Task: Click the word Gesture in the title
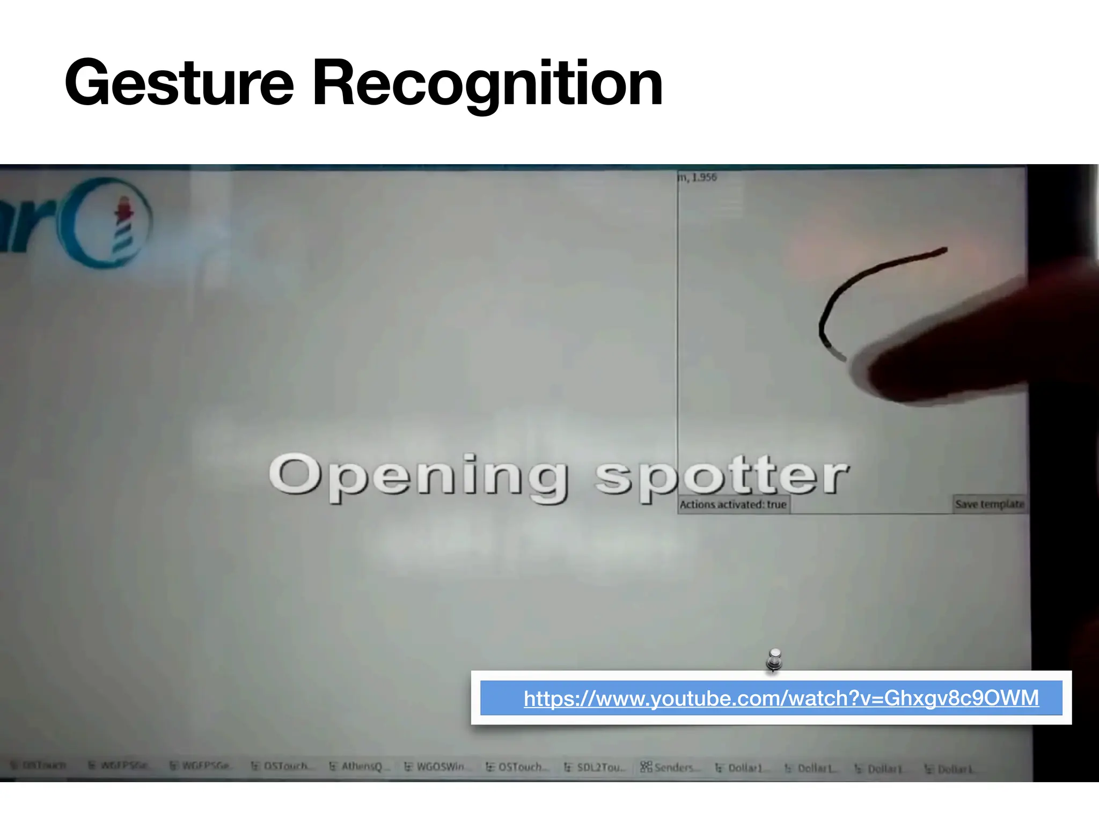(179, 83)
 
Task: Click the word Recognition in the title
(487, 83)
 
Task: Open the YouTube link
(781, 698)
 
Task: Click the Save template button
(990, 504)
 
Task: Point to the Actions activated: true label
(733, 504)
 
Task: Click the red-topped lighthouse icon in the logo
(123, 225)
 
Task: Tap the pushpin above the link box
(774, 659)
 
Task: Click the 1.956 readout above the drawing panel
(704, 177)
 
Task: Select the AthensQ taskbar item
(361, 767)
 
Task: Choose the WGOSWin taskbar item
(439, 767)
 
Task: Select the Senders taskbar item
(674, 768)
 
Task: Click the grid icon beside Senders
(646, 767)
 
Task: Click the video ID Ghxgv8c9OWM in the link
(961, 698)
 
